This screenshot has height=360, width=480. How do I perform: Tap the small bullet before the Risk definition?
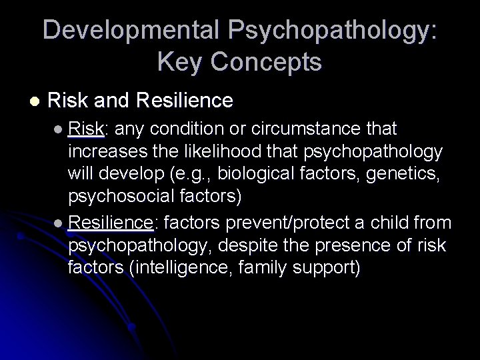pyautogui.click(x=61, y=127)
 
